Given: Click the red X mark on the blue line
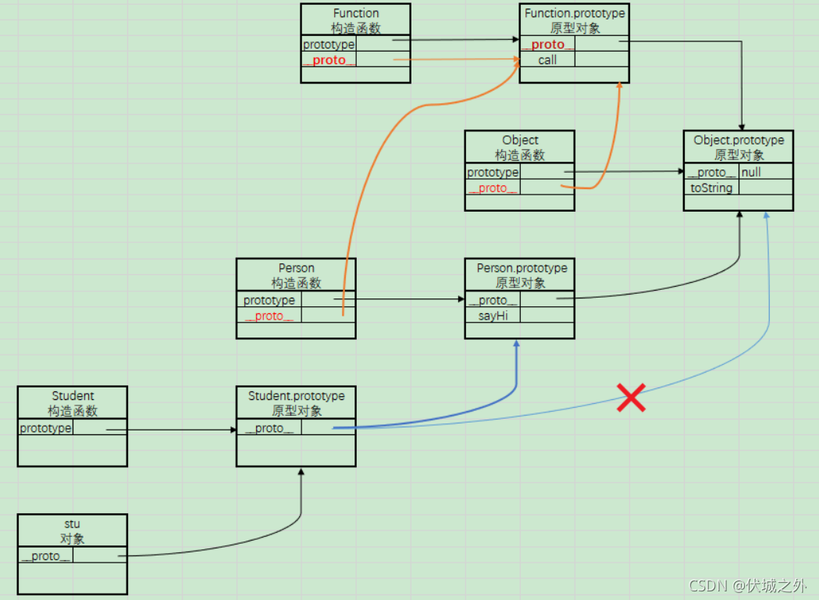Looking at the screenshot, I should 631,398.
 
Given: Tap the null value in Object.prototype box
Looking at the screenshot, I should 751,173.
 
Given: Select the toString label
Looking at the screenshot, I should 711,187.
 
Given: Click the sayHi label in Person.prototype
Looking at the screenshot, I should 493,316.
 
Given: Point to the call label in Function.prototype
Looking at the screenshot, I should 547,59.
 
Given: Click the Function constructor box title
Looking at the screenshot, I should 355,20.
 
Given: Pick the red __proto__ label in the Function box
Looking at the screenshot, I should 329,60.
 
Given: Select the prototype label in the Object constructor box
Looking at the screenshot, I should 493,173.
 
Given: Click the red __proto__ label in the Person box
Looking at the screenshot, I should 269,316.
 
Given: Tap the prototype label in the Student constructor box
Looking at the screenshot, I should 45,428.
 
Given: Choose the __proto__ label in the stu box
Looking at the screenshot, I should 46,556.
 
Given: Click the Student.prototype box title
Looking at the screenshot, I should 296,403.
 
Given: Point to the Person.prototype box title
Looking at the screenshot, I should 521,275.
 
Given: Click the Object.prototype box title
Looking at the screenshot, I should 739,148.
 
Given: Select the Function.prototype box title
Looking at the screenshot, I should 575,20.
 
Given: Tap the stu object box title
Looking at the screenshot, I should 73,530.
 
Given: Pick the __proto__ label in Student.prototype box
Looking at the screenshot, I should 269,428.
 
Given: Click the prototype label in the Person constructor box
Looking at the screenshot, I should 269,300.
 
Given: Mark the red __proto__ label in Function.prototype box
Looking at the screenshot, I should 548,45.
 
